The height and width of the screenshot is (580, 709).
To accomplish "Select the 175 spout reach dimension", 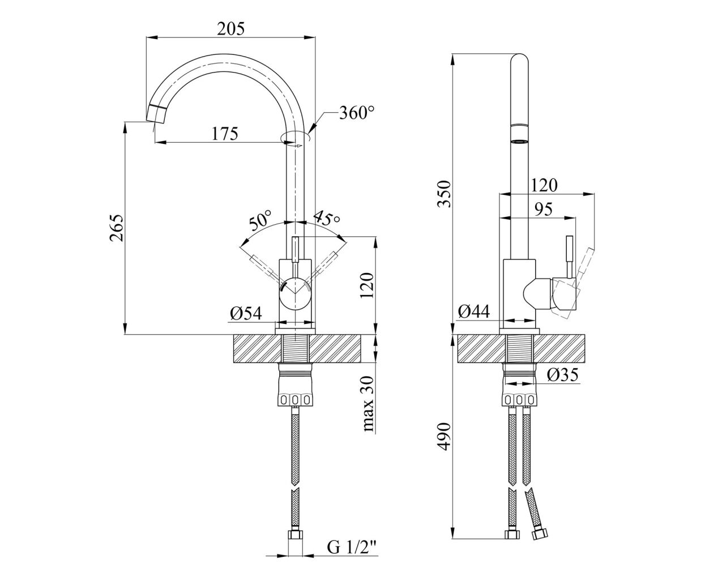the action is point(225,134).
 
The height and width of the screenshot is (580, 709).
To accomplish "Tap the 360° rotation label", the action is point(357,113).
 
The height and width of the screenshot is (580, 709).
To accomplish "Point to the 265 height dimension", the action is point(117,228).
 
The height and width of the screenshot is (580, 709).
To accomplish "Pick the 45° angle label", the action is point(326,218).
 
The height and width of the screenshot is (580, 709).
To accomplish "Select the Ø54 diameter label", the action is point(246,314).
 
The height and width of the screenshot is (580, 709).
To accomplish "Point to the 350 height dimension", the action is point(445,194).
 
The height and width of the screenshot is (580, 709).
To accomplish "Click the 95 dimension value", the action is point(543,209).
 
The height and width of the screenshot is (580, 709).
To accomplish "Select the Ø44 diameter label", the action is point(473,312).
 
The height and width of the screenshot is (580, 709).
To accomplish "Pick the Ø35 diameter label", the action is point(562,375).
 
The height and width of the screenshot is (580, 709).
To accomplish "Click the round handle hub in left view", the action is point(295,293).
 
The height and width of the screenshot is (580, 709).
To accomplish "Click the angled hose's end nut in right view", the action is point(540,542).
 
